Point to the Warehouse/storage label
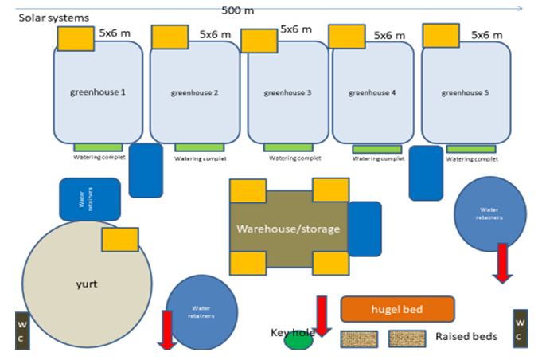tap(288, 229)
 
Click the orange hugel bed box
tap(396, 309)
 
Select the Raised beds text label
tap(466, 337)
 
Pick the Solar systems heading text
tap(54, 17)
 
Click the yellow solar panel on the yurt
tap(120, 239)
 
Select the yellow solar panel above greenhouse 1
tap(76, 37)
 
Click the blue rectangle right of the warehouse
tap(365, 229)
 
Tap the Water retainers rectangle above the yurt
tap(90, 199)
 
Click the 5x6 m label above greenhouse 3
tap(296, 29)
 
